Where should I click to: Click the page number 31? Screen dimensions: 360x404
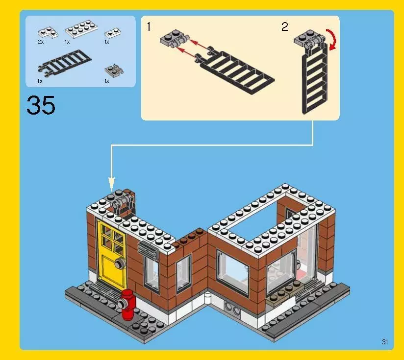pos(385,342)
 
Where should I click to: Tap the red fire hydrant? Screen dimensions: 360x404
pos(128,304)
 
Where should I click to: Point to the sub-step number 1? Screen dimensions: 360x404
pos(149,27)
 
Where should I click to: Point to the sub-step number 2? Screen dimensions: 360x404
pos(285,27)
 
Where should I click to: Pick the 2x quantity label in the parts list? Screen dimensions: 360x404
pos(41,42)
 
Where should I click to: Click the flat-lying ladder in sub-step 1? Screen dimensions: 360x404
pos(235,71)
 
